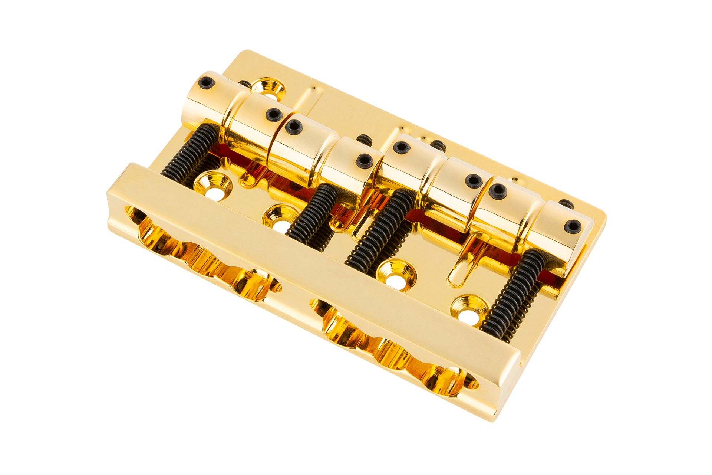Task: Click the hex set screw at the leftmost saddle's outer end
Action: pyautogui.click(x=206, y=82)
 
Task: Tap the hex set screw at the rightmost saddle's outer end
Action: pyautogui.click(x=573, y=226)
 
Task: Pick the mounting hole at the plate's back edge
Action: pyautogui.click(x=270, y=89)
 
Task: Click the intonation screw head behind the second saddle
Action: pyautogui.click(x=364, y=140)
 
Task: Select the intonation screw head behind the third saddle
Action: pyautogui.click(x=438, y=145)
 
